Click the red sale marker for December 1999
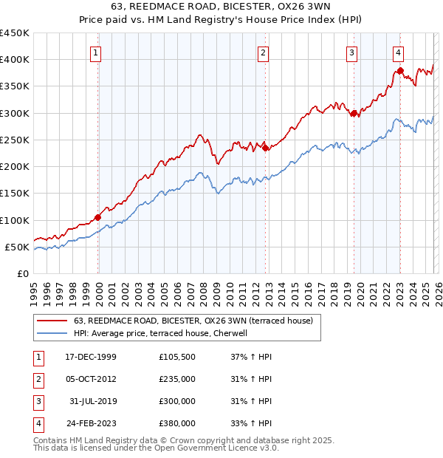98,217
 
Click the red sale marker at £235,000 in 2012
265,148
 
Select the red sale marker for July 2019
354,113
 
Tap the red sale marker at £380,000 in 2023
400,71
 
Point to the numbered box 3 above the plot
353,52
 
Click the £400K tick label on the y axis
15,60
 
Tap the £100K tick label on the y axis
15,220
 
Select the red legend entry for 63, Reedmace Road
193,321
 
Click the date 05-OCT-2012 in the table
90,379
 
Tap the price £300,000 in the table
177,401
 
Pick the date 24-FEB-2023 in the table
90,424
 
